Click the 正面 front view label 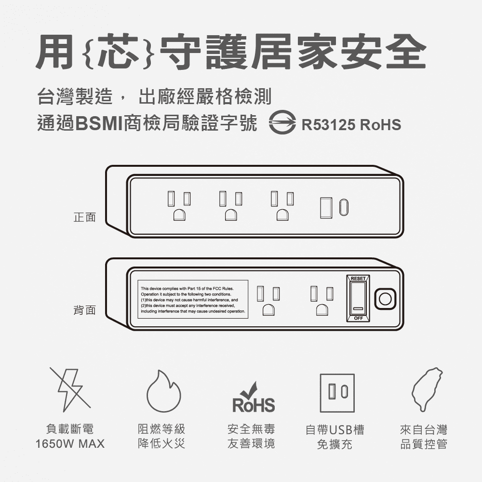(84, 217)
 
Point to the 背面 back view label (84, 310)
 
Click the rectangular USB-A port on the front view (326, 207)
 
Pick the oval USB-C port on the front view (343, 207)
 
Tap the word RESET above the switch (358, 279)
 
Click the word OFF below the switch (358, 319)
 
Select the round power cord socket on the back (385, 299)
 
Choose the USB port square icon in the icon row (337, 393)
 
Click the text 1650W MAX (70, 444)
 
